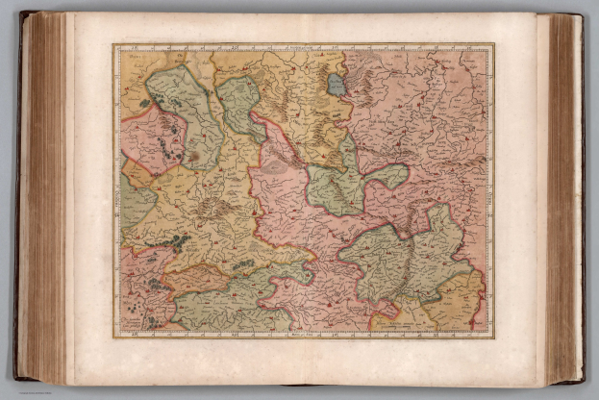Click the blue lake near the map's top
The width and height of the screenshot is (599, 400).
pyautogui.click(x=337, y=86)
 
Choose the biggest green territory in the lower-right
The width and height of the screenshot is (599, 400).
pyautogui.click(x=404, y=260)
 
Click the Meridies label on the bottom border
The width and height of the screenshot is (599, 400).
pyautogui.click(x=303, y=334)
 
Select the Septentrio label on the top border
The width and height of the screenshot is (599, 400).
pyautogui.click(x=303, y=46)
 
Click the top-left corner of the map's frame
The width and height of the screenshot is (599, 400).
pyautogui.click(x=113, y=44)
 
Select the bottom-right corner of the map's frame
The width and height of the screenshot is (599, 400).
pyautogui.click(x=492, y=337)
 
